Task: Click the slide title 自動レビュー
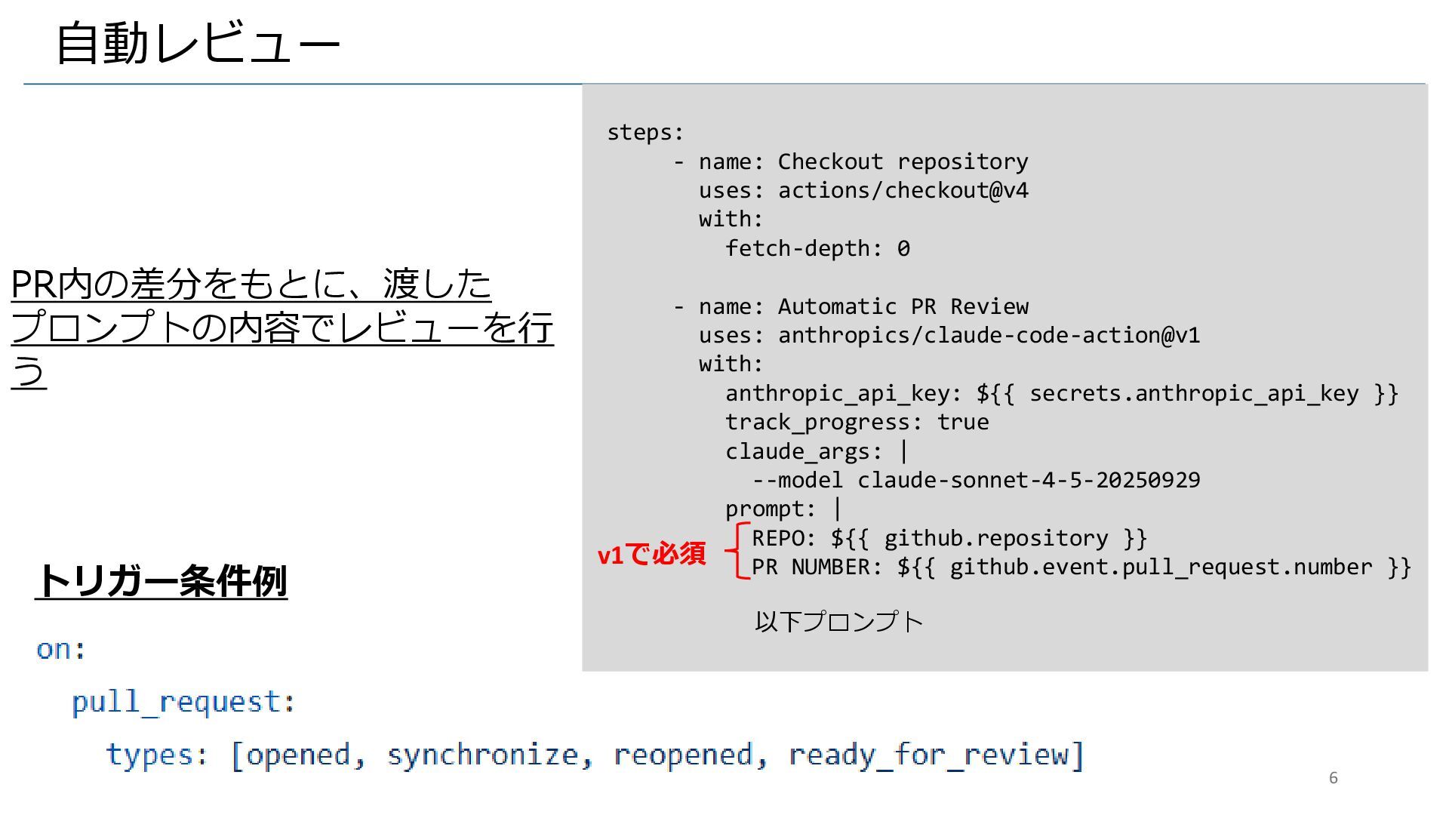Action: click(x=198, y=43)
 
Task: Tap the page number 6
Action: click(x=1333, y=778)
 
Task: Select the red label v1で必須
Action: click(x=651, y=554)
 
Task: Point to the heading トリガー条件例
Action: click(x=162, y=580)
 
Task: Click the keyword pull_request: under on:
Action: click(x=183, y=702)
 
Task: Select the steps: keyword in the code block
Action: click(x=645, y=133)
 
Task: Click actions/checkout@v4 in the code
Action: click(x=903, y=190)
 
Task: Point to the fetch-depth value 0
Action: click(x=903, y=248)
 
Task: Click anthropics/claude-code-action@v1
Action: click(x=989, y=335)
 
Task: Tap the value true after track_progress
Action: click(x=962, y=422)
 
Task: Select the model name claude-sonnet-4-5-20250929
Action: click(x=1029, y=480)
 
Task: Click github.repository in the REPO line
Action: click(x=995, y=538)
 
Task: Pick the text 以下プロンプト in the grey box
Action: click(x=838, y=622)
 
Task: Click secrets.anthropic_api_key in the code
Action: click(x=1193, y=393)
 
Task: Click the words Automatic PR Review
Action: click(x=903, y=306)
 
